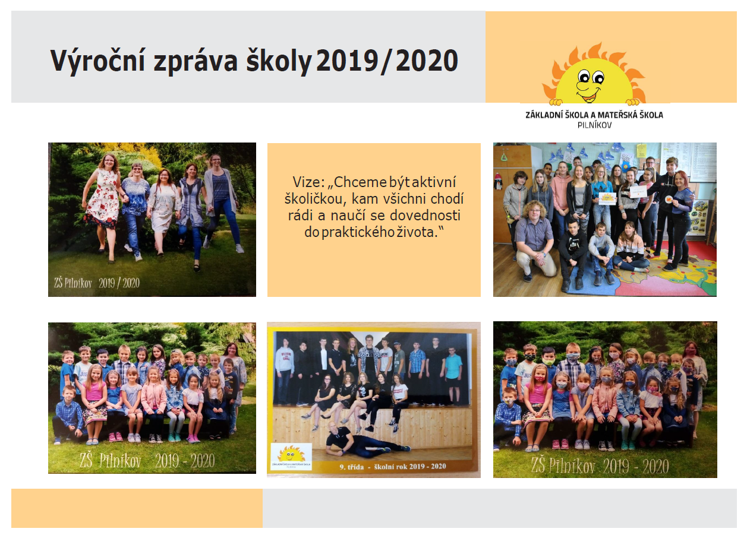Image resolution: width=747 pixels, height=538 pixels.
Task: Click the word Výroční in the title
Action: coord(97,61)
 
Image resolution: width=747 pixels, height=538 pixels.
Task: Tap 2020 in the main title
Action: coord(427,61)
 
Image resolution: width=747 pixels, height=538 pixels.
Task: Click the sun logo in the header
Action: coord(594,74)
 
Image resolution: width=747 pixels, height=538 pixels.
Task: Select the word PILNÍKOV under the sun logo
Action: coord(595,125)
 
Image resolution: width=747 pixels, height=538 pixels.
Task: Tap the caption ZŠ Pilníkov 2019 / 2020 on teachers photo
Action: coord(97,283)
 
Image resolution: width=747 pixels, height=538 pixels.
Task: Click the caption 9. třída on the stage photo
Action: coord(351,467)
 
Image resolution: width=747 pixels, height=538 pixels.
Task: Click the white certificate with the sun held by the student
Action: coord(607,198)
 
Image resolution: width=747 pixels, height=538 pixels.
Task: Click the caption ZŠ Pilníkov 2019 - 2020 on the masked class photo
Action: coord(600,466)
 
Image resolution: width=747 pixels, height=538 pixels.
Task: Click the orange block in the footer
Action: coord(137,508)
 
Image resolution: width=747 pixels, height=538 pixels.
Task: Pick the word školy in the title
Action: coord(279,61)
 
